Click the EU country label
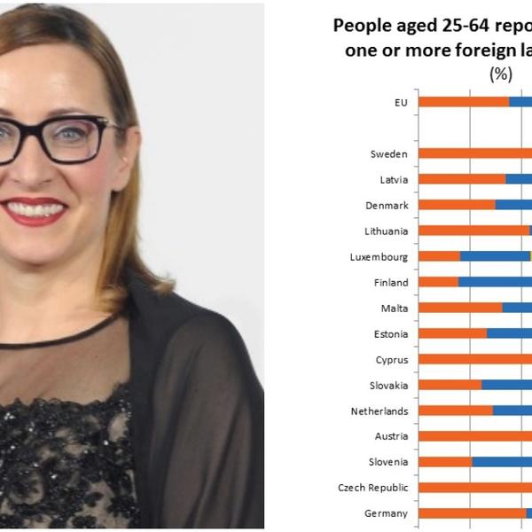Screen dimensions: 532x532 [401, 103]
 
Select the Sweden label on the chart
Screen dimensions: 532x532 [389, 154]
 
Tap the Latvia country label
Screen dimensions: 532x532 [394, 180]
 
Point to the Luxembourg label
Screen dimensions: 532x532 [379, 257]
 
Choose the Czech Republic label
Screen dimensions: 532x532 [373, 488]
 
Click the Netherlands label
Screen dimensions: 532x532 [379, 411]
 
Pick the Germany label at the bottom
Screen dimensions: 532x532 [387, 513]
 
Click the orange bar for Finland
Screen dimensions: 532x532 [438, 283]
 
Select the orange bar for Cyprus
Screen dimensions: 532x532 [474, 360]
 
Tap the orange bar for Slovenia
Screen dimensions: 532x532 [445, 462]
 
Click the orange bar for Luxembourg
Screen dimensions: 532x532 [439, 257]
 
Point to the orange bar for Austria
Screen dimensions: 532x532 [474, 436]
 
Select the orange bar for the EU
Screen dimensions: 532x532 [464, 102]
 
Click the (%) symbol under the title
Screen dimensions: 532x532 [501, 75]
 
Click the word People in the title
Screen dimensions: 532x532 [362, 27]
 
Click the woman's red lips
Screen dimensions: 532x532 [34, 211]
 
